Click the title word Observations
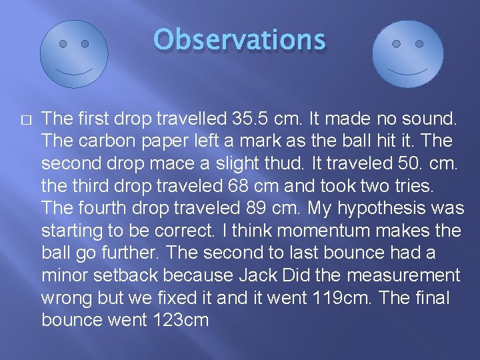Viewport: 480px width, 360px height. [x=239, y=40]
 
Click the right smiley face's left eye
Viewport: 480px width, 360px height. [x=397, y=44]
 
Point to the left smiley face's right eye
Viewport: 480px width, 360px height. [x=85, y=44]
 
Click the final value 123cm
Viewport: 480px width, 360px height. [x=180, y=321]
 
